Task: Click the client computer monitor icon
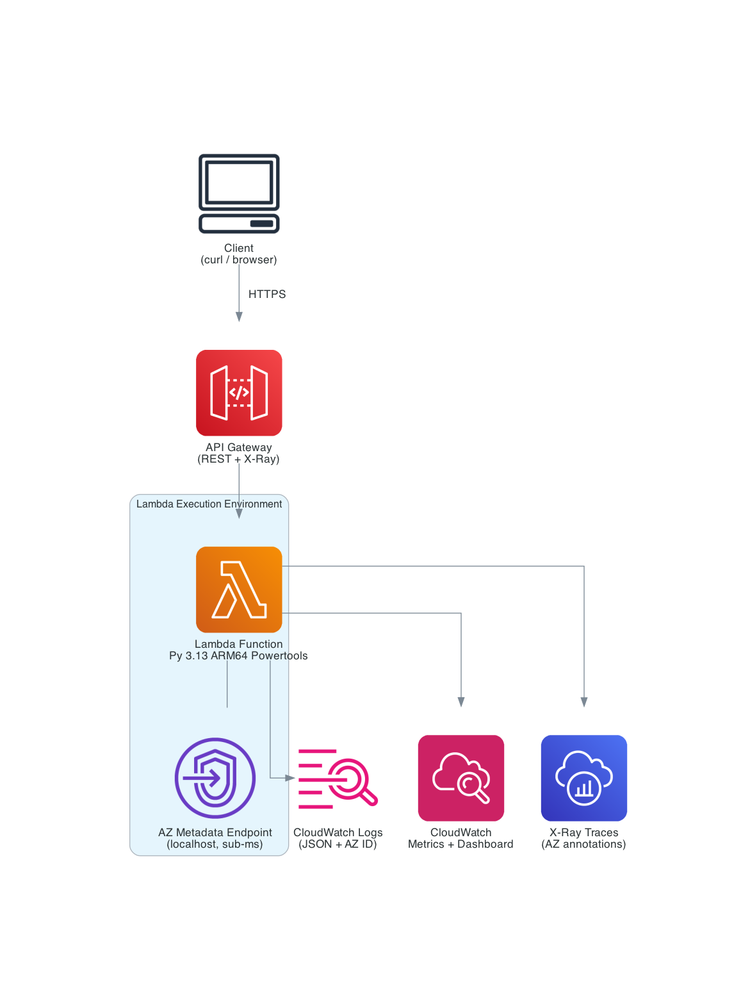point(239,183)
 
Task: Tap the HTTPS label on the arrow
point(267,294)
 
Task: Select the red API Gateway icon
point(239,393)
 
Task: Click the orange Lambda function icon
point(239,590)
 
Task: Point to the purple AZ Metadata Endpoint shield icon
point(215,778)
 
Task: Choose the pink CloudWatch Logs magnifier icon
point(338,778)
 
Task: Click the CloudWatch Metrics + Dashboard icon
point(461,778)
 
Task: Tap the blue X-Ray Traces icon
point(584,778)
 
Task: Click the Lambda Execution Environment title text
point(209,504)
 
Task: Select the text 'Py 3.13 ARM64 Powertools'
point(238,656)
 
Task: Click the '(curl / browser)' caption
point(239,260)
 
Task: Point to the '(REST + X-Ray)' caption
point(238,459)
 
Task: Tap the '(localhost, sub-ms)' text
point(215,844)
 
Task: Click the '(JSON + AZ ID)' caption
point(338,844)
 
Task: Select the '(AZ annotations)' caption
point(583,844)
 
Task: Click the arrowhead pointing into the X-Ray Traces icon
point(584,702)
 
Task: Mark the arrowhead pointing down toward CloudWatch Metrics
point(461,702)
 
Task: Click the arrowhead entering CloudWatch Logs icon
point(289,778)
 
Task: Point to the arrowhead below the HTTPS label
point(239,317)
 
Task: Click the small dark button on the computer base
point(261,224)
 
